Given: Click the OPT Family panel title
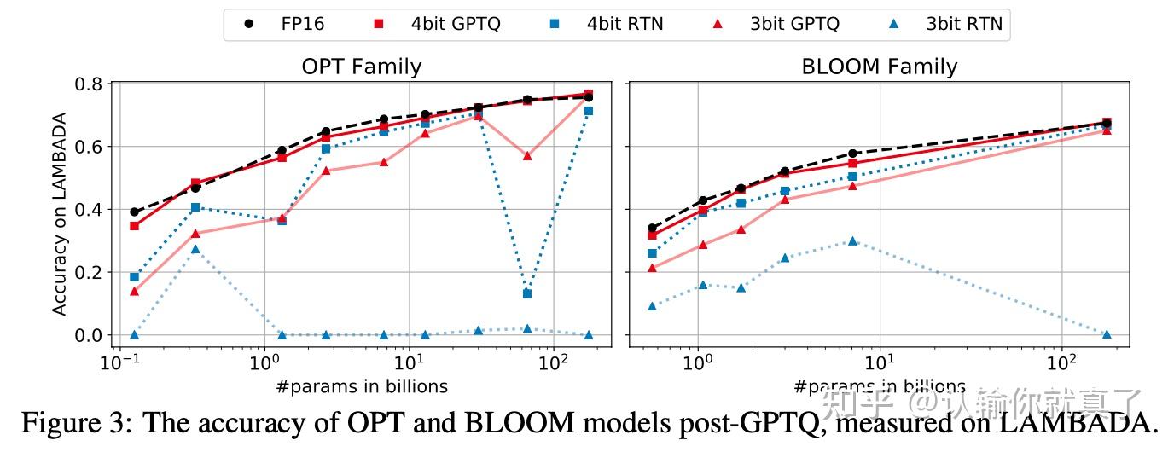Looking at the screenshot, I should pos(362,67).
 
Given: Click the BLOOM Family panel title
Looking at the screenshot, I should pos(880,67).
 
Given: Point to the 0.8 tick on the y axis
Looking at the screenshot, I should pos(90,84).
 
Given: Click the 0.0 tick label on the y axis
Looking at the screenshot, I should pos(90,335).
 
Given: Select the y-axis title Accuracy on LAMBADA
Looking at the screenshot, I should pos(59,210).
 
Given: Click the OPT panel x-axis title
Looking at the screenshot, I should pos(362,386).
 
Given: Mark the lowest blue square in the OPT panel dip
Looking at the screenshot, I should pos(527,293).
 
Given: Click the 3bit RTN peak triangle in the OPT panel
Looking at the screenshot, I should pos(195,249).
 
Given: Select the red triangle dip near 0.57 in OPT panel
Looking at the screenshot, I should pos(527,156).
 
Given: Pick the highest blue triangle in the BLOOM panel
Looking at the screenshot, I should pos(852,240).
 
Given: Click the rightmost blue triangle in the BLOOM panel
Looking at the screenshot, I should pos(1107,334).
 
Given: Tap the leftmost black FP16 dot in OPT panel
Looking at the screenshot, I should pos(134,212).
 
